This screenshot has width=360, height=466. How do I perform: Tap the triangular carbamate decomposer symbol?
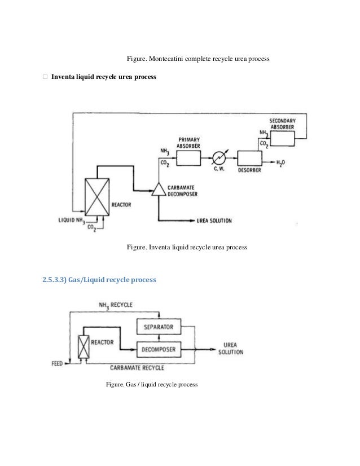coord(159,189)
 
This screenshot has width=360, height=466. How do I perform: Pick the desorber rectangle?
coord(250,159)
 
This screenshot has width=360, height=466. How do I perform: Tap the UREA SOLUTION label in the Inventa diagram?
coord(214,219)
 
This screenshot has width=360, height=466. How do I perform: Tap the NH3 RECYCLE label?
coord(116,305)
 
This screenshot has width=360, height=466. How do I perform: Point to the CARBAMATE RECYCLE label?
coord(138,368)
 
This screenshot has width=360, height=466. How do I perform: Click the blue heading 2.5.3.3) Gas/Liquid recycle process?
coord(99,279)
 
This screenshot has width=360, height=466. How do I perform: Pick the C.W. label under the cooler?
coord(220,172)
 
